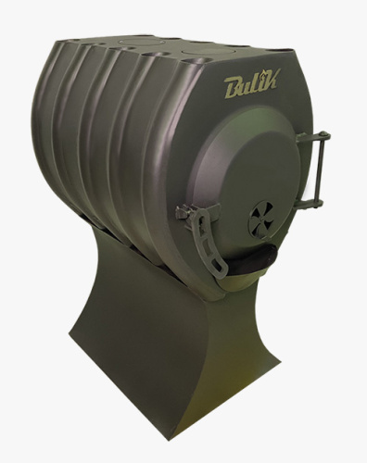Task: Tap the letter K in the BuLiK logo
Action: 272,81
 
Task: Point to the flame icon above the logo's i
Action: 261,74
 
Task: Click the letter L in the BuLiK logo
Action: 255,84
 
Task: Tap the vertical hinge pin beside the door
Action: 320,169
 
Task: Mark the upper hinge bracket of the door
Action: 312,136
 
